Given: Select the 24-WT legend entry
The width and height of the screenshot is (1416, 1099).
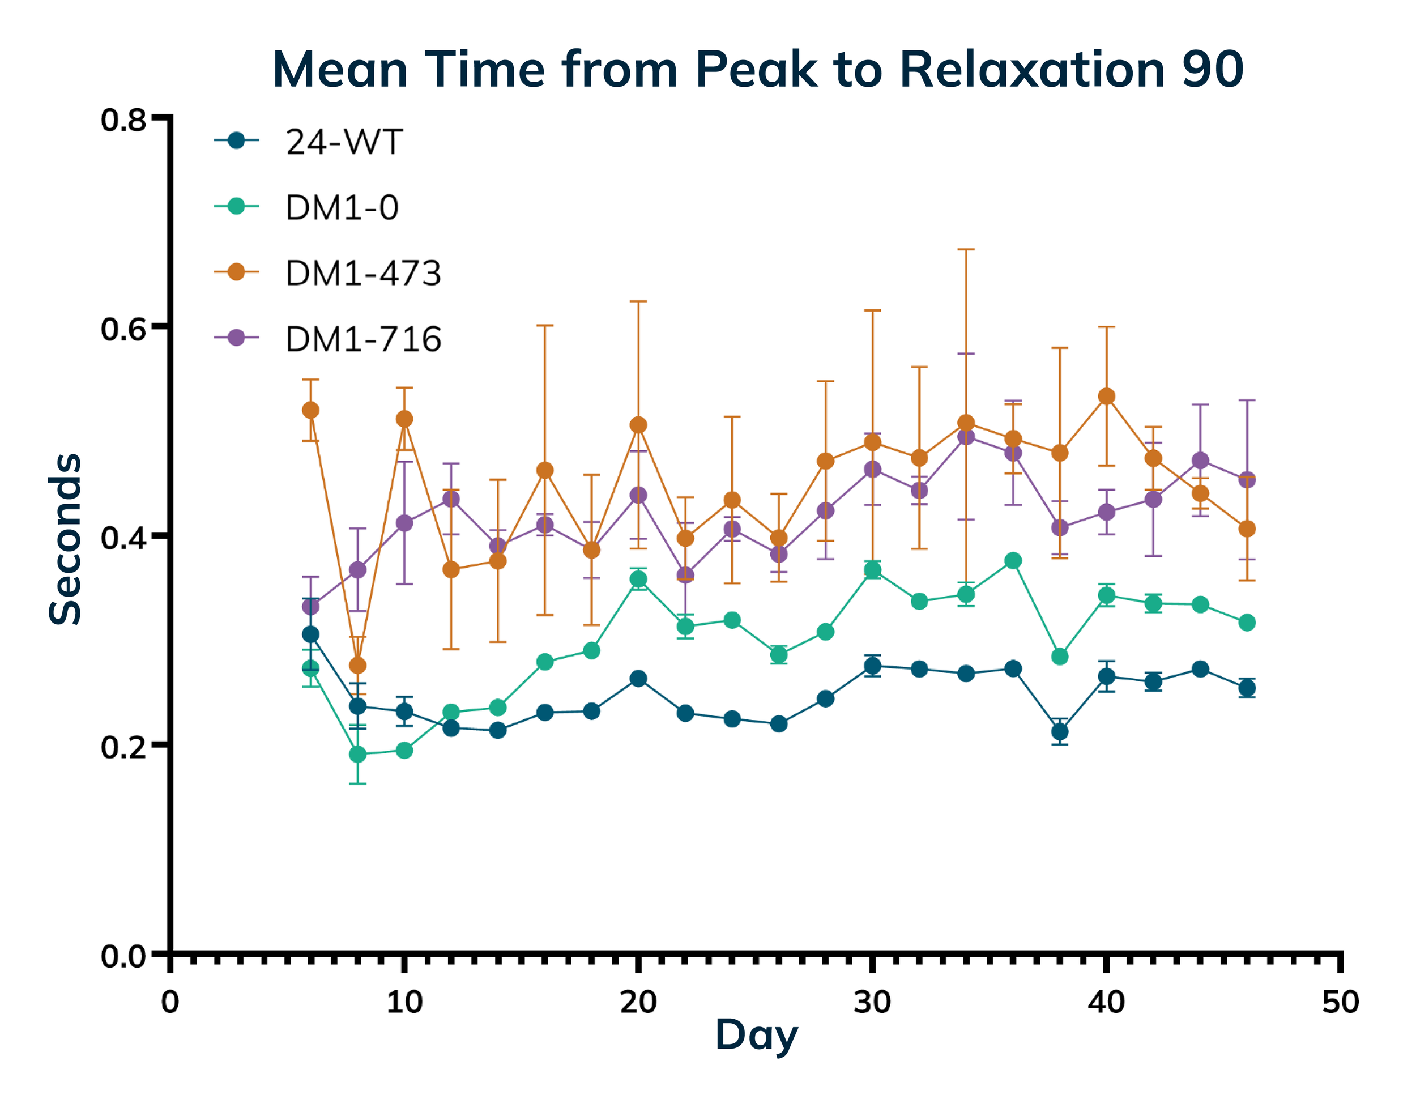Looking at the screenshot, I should pyautogui.click(x=344, y=142).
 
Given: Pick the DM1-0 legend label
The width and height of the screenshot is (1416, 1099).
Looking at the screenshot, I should pyautogui.click(x=341, y=207).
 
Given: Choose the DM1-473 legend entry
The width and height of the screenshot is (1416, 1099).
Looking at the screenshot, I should pyautogui.click(x=363, y=273).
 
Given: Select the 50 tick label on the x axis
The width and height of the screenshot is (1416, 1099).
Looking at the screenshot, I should pyautogui.click(x=1340, y=1002).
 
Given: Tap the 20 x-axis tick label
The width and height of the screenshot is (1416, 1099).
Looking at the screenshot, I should pyautogui.click(x=638, y=1002).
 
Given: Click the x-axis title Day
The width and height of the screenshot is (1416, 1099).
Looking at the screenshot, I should pyautogui.click(x=756, y=1036).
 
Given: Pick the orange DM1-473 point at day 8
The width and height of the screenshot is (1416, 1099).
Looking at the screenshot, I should pyautogui.click(x=357, y=666).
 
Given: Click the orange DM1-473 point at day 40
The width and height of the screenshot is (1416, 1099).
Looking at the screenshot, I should pyautogui.click(x=1107, y=396).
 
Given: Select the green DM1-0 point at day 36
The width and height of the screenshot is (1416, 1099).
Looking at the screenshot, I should pyautogui.click(x=1013, y=561).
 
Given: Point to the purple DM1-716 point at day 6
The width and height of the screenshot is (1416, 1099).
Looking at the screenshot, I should pyautogui.click(x=310, y=607).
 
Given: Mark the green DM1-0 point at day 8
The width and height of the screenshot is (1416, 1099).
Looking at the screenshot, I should pyautogui.click(x=357, y=755).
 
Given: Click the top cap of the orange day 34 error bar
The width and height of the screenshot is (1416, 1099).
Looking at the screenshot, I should pyautogui.click(x=966, y=250).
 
